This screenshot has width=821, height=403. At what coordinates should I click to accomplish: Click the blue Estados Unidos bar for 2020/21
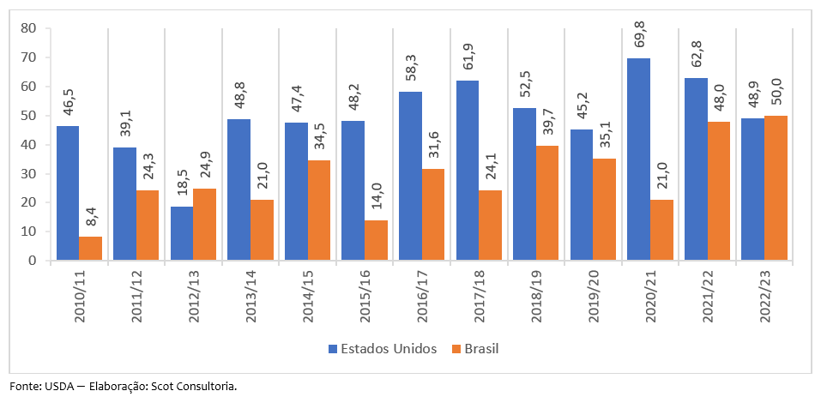click(x=638, y=159)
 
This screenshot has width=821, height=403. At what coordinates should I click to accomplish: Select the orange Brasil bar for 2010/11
click(x=90, y=249)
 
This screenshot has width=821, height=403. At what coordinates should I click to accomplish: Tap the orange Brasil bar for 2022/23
click(x=776, y=188)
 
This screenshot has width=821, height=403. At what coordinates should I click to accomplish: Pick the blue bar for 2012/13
click(x=181, y=233)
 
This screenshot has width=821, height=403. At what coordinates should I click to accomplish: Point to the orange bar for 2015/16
click(x=376, y=240)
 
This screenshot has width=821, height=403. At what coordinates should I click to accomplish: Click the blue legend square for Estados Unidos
click(x=333, y=349)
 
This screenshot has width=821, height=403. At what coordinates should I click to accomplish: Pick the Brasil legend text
click(x=481, y=349)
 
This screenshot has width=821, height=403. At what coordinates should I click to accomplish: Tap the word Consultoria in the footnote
click(x=205, y=386)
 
